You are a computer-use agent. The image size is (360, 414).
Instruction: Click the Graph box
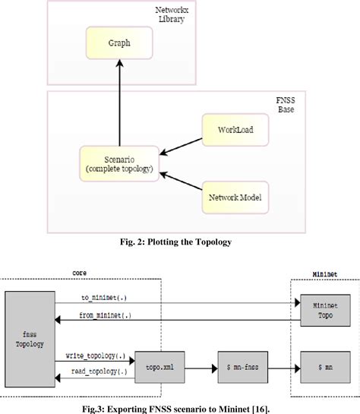(118, 43)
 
